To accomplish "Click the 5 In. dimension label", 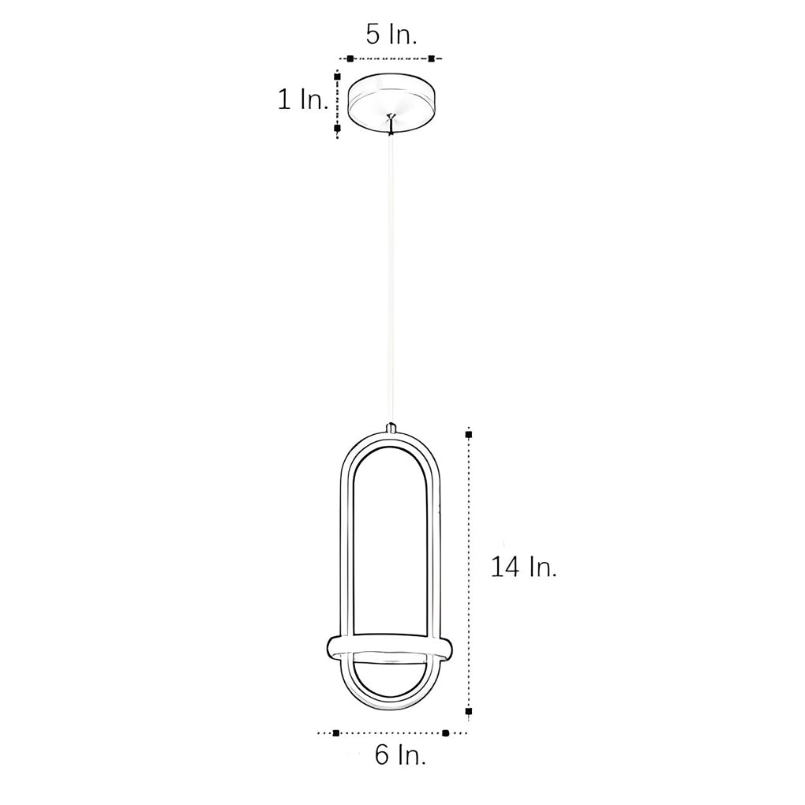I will (391, 34).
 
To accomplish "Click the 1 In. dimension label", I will (301, 99).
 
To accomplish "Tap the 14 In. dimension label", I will (523, 567).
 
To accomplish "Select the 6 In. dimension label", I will (400, 755).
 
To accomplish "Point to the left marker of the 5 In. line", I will (350, 58).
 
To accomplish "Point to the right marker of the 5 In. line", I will (432, 58).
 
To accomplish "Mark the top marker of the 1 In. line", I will (338, 77).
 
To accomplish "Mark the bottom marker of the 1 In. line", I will (338, 127).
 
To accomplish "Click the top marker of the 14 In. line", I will (469, 434).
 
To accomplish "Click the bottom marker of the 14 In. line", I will (469, 712).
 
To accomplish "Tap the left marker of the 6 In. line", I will (336, 733).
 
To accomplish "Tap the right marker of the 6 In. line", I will (445, 733).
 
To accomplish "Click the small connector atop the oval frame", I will (391, 428).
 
